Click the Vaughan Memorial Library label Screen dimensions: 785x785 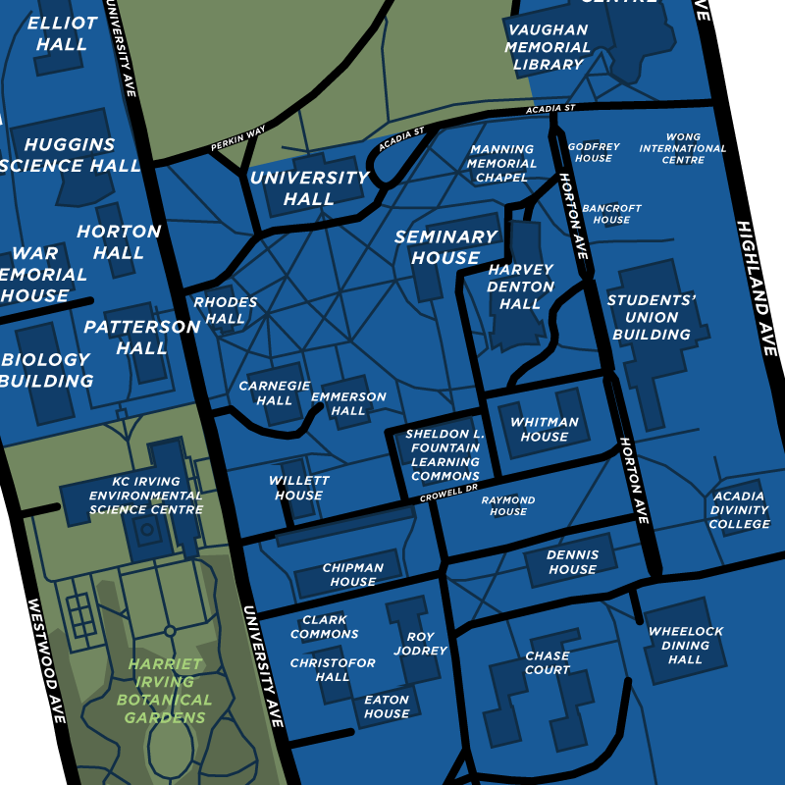[548, 47]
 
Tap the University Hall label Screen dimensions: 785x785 [309, 188]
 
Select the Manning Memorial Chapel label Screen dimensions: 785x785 [501, 164]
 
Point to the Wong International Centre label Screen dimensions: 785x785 [682, 149]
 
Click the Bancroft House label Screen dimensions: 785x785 [611, 214]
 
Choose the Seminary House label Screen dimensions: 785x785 [445, 247]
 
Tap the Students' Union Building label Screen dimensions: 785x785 [652, 317]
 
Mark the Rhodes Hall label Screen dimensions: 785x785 [226, 310]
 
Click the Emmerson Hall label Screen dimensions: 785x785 [348, 403]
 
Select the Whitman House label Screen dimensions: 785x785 [545, 429]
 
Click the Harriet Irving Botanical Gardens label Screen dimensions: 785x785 [164, 691]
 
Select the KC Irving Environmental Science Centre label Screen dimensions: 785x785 [145, 496]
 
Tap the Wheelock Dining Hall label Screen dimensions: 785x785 [686, 645]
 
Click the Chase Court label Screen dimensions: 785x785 [548, 662]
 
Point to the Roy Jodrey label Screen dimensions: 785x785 [427, 643]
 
